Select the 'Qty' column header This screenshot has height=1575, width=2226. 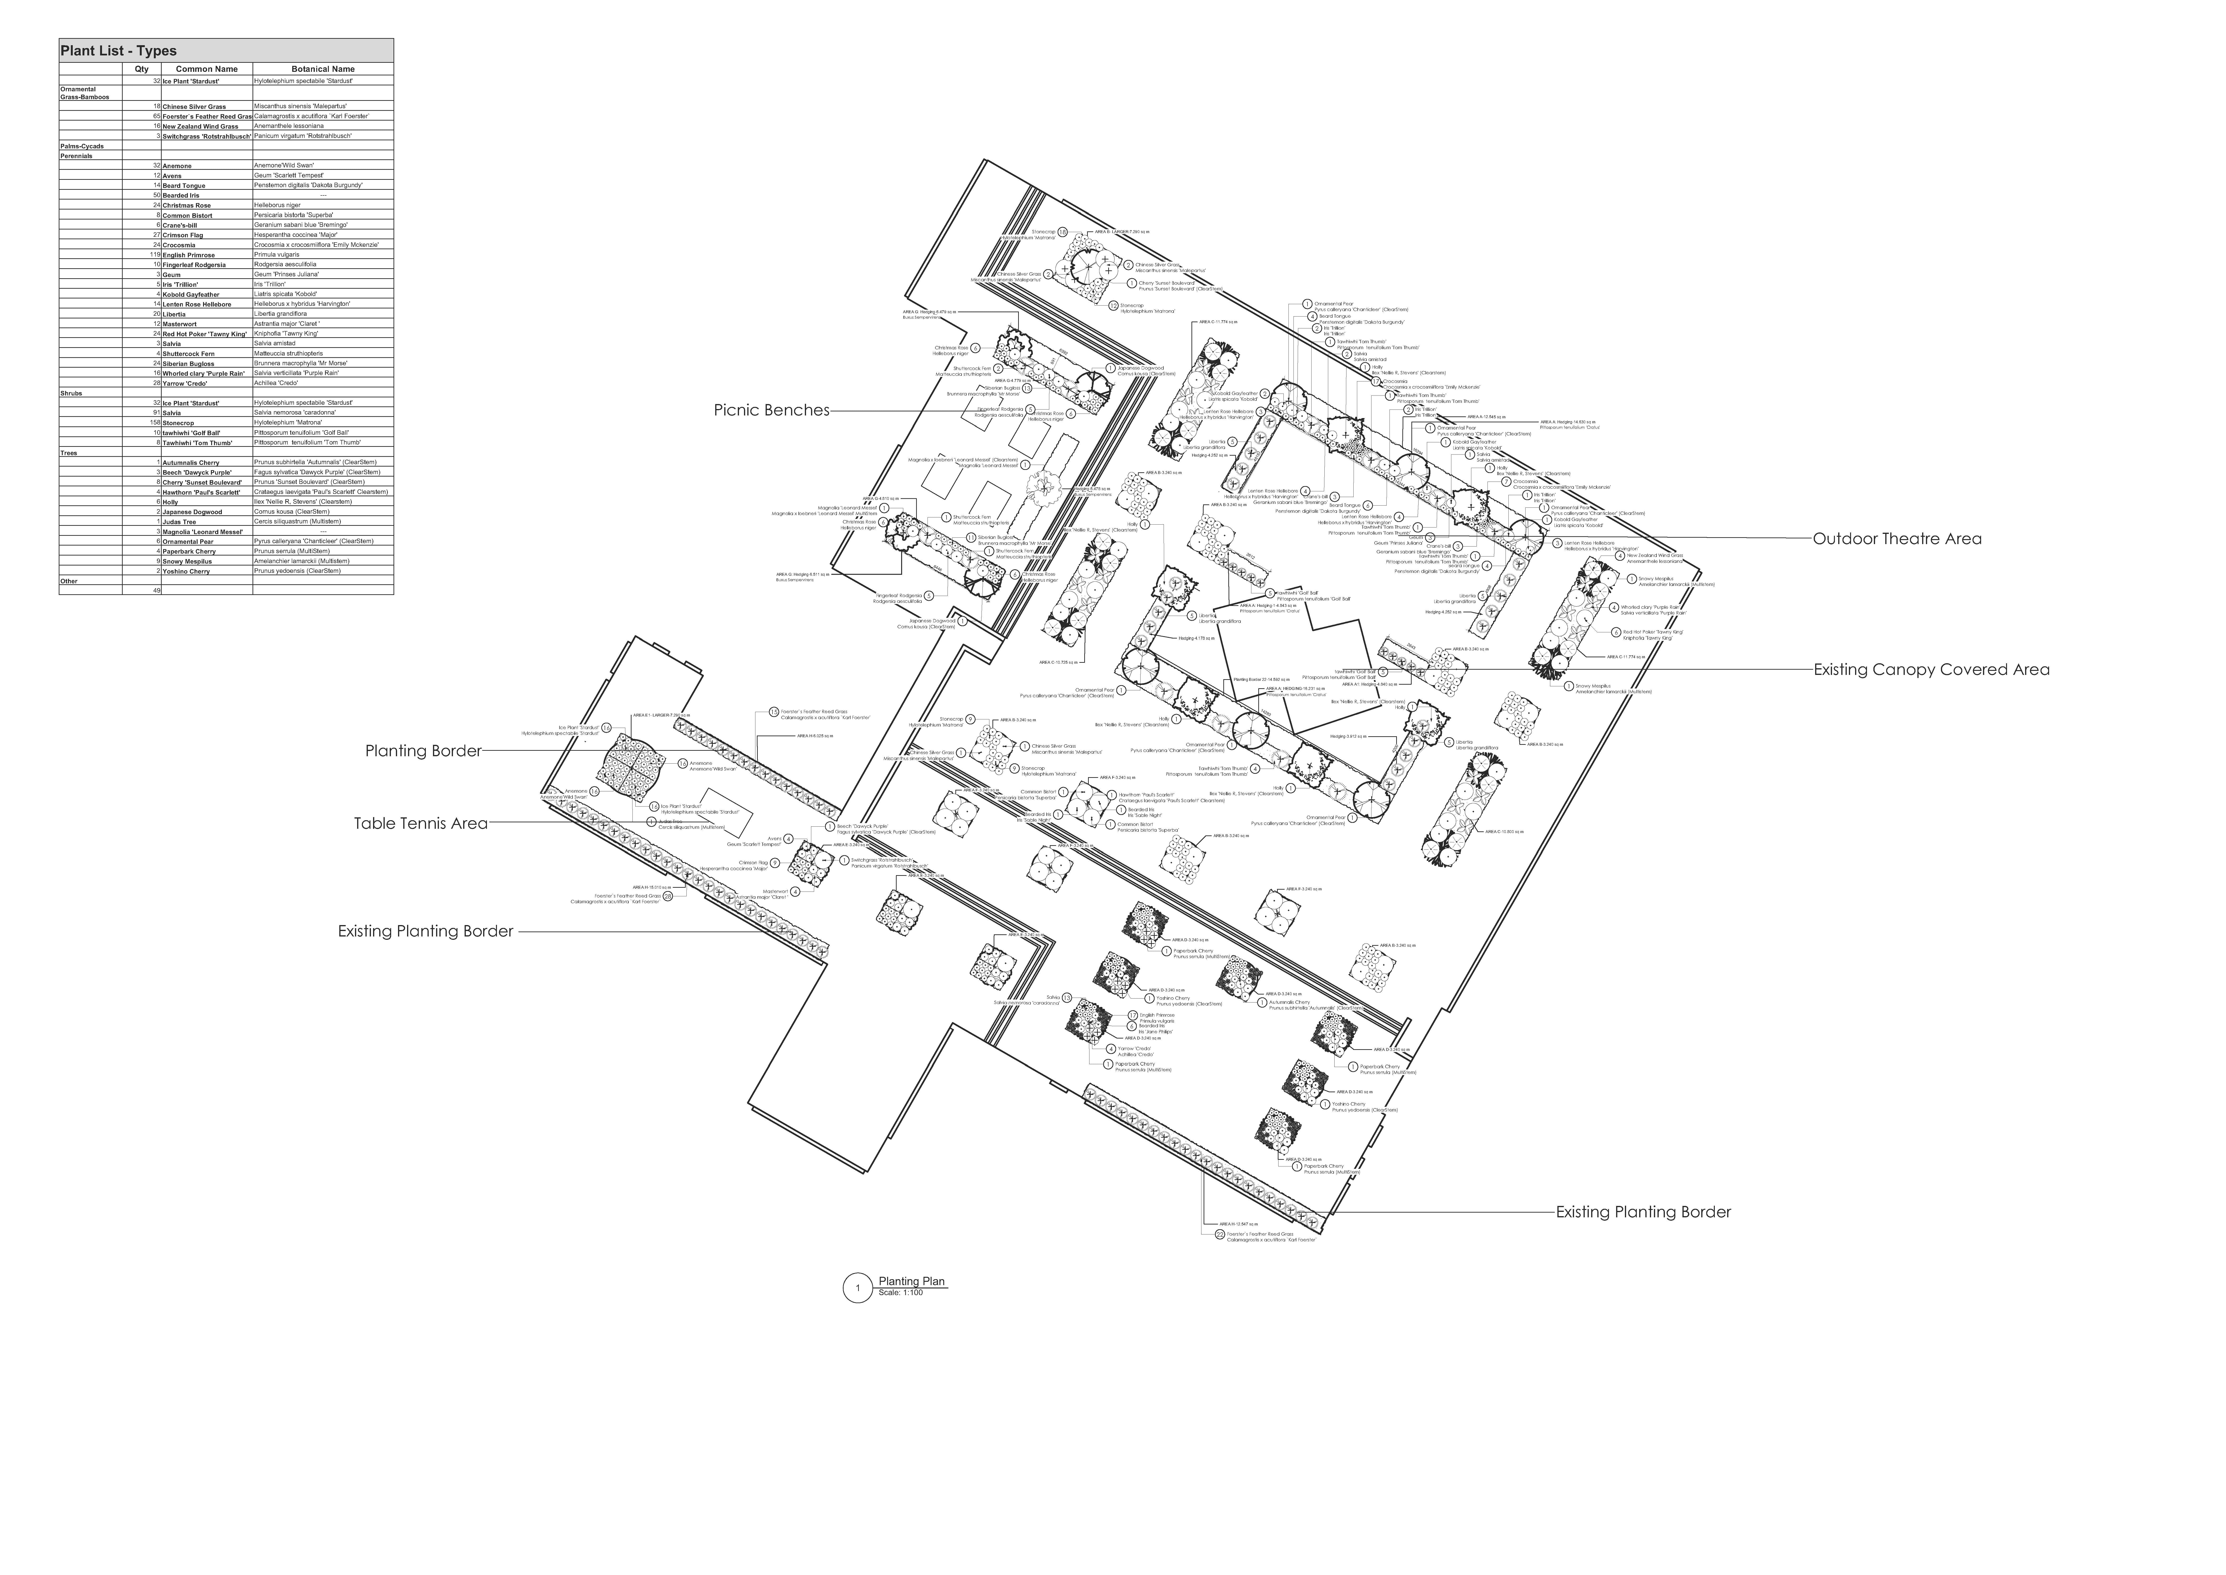pos(141,69)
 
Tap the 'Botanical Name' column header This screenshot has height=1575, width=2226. pos(323,69)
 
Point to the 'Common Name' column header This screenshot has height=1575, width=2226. pos(207,69)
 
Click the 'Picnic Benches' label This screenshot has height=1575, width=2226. pos(772,410)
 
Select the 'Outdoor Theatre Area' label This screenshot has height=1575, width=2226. pos(1896,539)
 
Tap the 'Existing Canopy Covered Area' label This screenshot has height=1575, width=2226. pos(1931,669)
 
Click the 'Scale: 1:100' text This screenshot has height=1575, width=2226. pos(901,1293)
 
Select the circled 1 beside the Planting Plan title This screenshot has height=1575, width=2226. pos(857,1288)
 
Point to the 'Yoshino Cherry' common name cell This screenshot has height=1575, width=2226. pos(186,571)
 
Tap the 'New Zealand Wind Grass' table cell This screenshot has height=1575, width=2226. pos(201,126)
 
